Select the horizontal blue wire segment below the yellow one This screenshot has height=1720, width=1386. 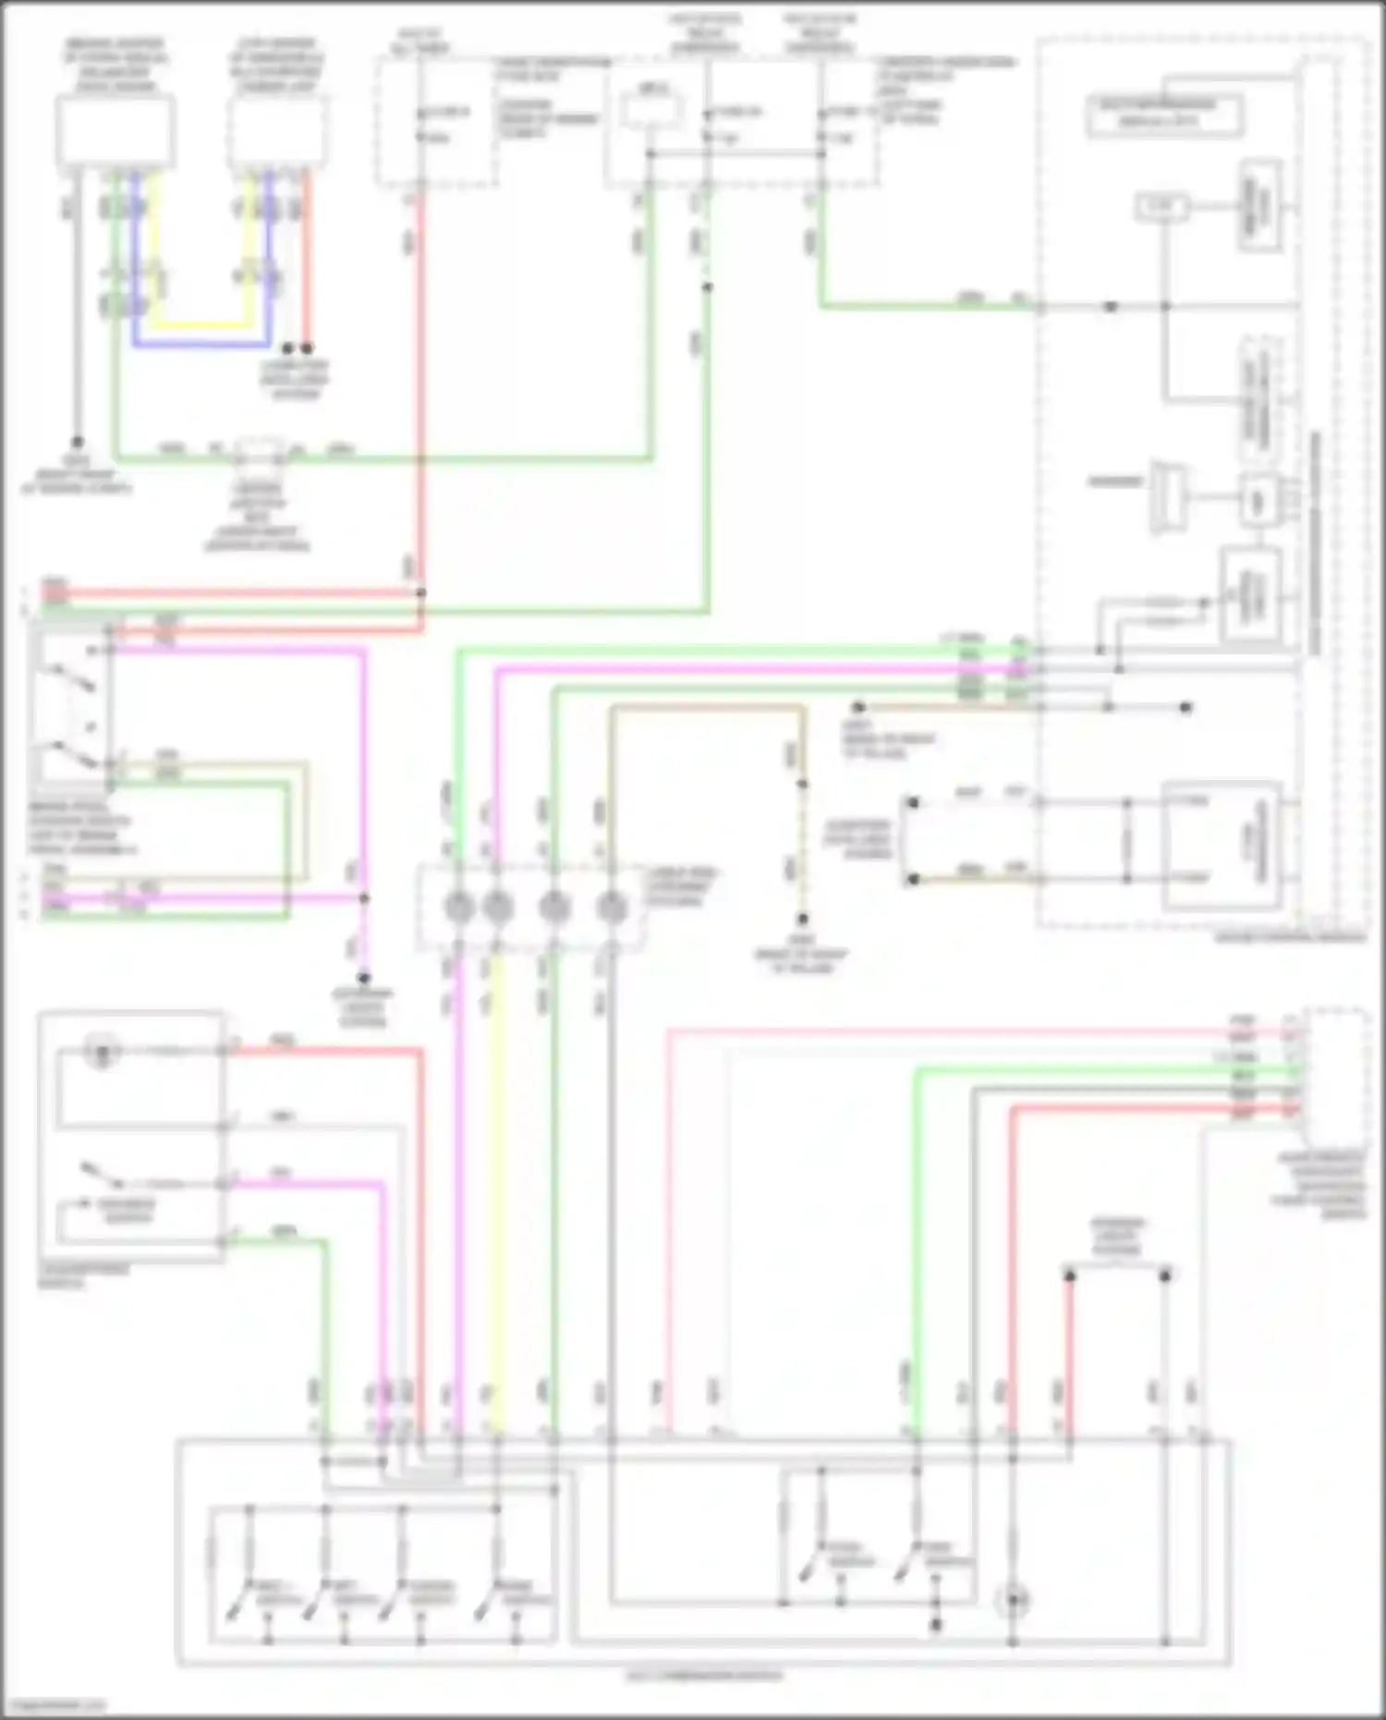(x=203, y=346)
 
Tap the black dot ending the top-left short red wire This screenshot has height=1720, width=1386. (x=307, y=348)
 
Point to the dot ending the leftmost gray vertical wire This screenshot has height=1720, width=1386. (x=77, y=443)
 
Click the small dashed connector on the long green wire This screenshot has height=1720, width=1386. (x=258, y=454)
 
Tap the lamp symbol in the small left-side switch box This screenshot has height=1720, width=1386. (x=102, y=1051)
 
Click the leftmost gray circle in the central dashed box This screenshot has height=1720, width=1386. (x=459, y=908)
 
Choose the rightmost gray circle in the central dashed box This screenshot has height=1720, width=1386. (x=612, y=908)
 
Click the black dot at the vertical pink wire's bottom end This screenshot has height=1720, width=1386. (x=364, y=978)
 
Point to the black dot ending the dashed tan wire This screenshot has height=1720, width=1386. (x=803, y=920)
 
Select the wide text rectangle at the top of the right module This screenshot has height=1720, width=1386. (x=1164, y=114)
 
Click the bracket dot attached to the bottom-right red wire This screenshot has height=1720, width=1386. (x=1070, y=1276)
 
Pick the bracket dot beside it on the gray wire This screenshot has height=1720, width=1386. (x=1165, y=1276)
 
